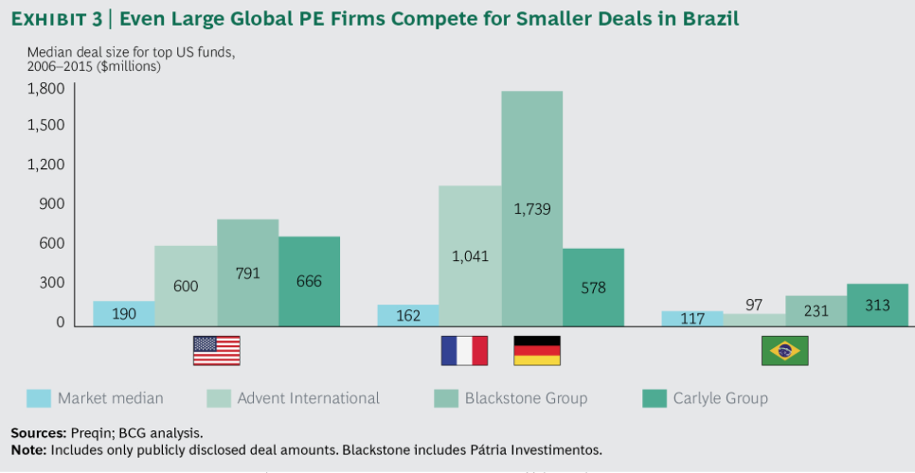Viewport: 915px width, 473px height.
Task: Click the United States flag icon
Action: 216,350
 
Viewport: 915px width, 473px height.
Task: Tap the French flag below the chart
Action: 464,350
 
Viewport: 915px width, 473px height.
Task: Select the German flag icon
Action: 537,350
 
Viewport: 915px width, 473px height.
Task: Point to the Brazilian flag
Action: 785,350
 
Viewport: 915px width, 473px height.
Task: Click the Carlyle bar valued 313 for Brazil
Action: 877,305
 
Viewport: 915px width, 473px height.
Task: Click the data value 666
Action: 309,281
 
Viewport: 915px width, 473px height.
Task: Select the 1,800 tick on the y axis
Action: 45,88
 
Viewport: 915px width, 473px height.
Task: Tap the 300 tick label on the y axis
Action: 52,283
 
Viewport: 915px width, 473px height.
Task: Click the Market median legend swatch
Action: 38,398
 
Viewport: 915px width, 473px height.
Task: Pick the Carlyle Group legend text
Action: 720,398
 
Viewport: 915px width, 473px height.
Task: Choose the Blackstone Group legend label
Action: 526,398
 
